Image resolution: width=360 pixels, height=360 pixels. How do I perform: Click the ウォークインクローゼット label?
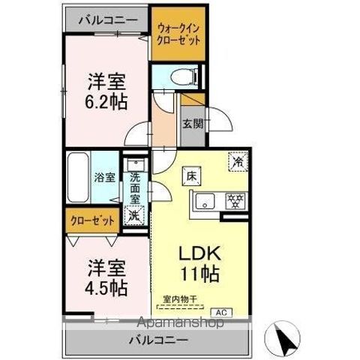pyautogui.click(x=179, y=35)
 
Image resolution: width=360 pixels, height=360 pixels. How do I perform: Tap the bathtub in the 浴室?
pyautogui.click(x=79, y=178)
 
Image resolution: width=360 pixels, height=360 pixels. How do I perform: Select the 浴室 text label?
pyautogui.click(x=105, y=178)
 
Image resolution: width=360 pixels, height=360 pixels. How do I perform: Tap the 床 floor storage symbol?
pyautogui.click(x=192, y=177)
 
